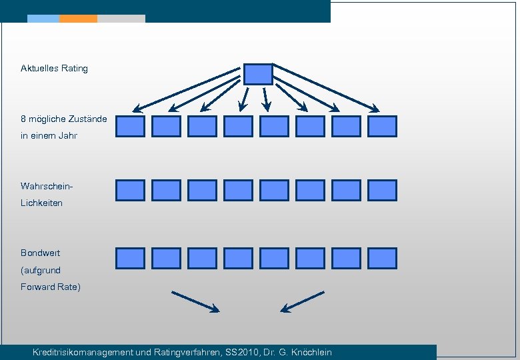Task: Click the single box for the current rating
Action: [x=258, y=74]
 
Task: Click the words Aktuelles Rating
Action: [x=54, y=68]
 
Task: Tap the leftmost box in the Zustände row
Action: [x=130, y=126]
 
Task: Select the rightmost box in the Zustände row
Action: [x=382, y=126]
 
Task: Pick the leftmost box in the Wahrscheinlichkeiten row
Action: [x=130, y=190]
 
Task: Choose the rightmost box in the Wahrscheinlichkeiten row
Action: [x=382, y=190]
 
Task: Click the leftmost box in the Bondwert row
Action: [x=130, y=258]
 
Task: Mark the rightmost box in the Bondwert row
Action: [x=382, y=258]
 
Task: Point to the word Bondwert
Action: [x=40, y=253]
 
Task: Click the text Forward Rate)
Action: [x=51, y=287]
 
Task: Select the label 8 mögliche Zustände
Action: [x=63, y=119]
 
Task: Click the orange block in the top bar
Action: [x=78, y=19]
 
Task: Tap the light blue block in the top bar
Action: [x=43, y=19]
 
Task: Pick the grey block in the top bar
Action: [x=121, y=19]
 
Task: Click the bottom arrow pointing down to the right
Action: [x=195, y=301]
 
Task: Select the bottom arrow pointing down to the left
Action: [x=303, y=301]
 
